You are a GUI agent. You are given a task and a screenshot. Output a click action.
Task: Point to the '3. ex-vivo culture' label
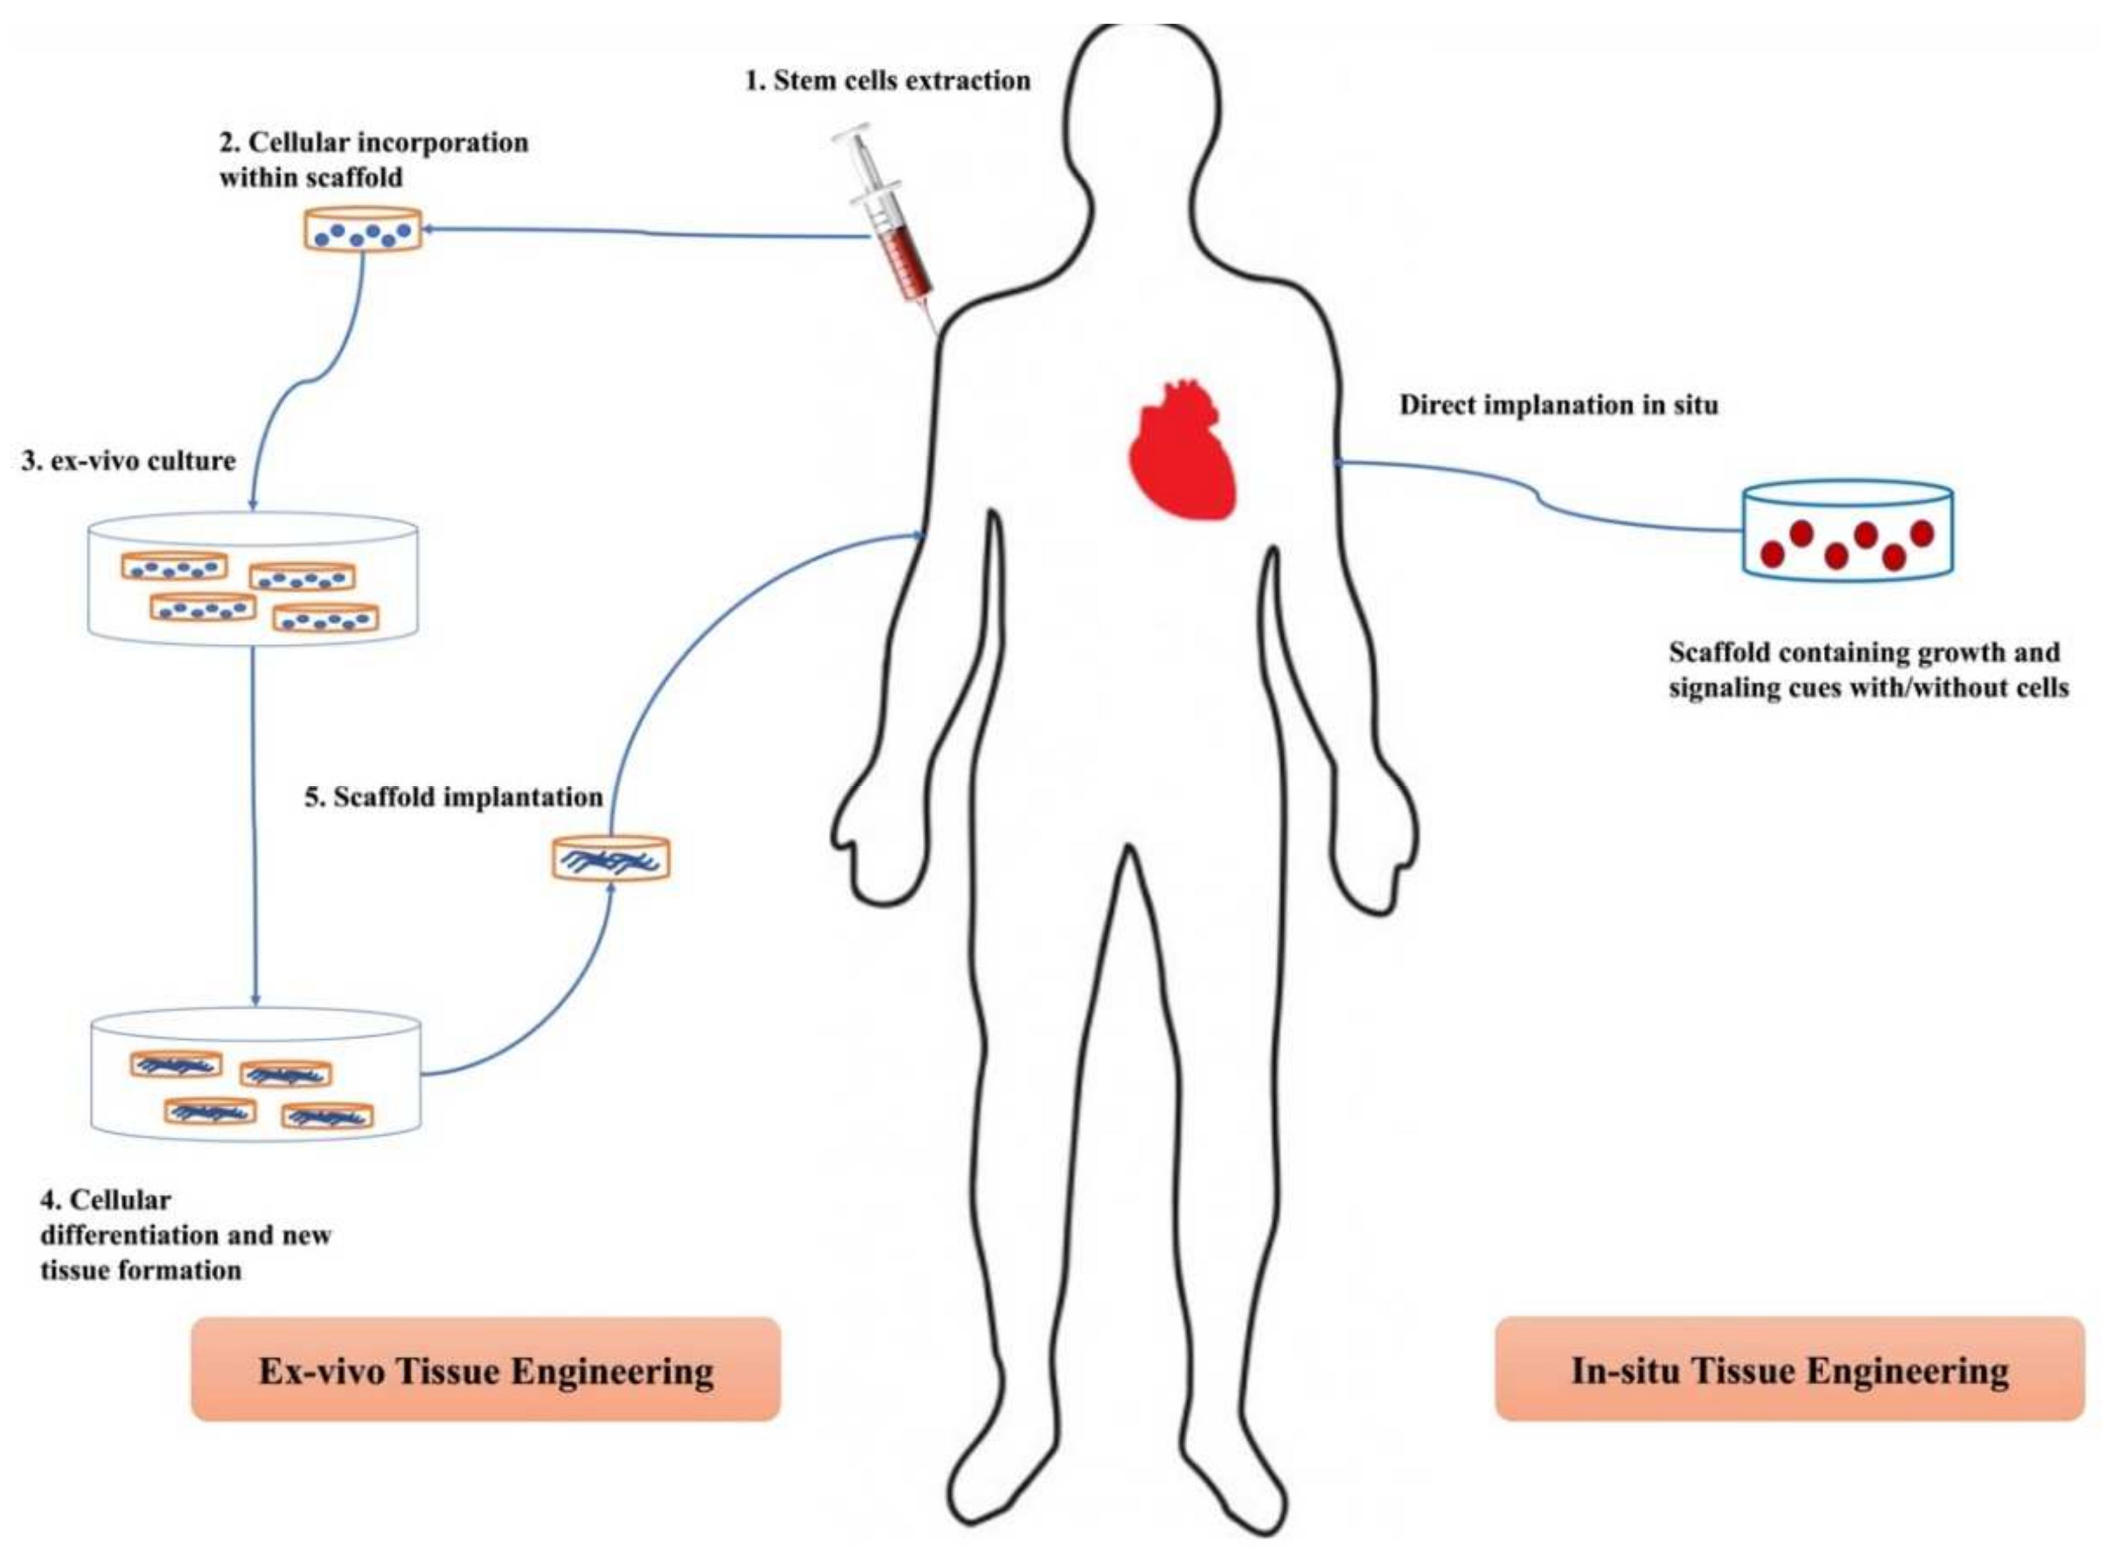point(129,461)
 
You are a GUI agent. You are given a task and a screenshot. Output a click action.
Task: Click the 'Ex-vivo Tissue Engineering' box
point(485,1370)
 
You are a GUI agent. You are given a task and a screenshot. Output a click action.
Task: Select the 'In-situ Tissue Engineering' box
point(1789,1370)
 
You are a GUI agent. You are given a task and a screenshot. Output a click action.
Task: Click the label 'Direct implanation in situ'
point(1558,406)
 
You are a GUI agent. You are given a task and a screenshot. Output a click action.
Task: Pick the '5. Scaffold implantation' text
point(453,797)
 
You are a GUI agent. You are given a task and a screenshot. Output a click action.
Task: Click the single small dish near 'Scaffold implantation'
point(611,858)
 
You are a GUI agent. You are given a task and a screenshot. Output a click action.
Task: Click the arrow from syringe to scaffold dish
point(642,232)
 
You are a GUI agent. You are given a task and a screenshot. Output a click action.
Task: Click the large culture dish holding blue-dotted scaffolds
point(253,577)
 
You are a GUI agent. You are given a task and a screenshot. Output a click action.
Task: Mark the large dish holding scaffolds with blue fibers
point(255,1076)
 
